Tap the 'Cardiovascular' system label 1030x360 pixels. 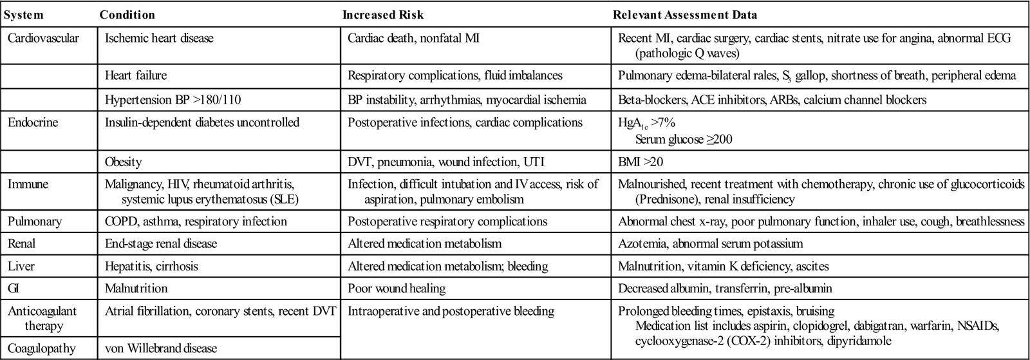[43, 38]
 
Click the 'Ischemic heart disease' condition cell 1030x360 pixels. [159, 38]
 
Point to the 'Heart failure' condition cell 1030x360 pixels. [136, 75]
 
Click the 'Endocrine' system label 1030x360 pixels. [33, 122]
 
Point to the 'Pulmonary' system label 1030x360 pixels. [35, 222]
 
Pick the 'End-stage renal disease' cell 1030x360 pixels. [161, 244]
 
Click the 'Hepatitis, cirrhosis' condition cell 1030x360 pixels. [151, 266]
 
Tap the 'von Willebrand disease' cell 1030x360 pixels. [161, 348]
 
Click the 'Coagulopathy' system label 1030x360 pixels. [42, 348]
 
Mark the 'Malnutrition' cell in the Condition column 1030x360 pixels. [136, 289]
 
